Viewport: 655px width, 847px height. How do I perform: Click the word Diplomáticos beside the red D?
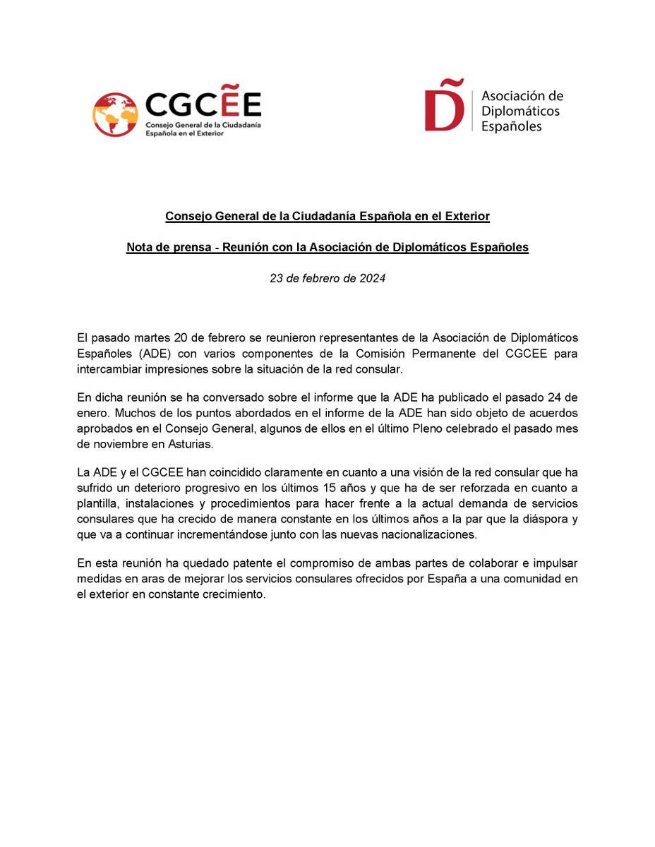pos(520,111)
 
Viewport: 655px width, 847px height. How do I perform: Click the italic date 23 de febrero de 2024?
pos(327,279)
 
